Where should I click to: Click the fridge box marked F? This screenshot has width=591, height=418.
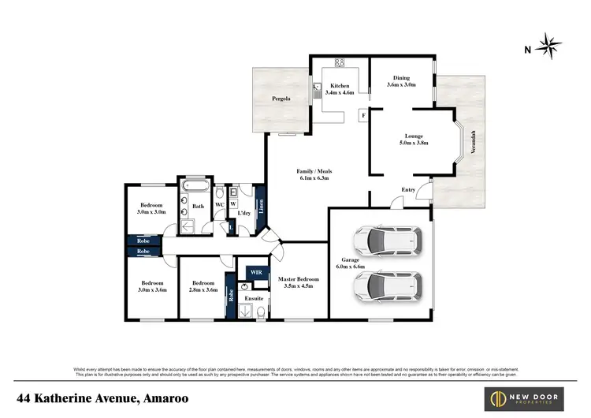tap(363, 116)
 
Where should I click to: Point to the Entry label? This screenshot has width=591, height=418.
tap(409, 190)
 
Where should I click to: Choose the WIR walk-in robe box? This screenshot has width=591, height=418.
tap(255, 272)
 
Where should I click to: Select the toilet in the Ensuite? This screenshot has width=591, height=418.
tap(260, 312)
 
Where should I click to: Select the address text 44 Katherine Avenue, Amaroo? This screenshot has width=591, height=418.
tap(104, 398)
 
